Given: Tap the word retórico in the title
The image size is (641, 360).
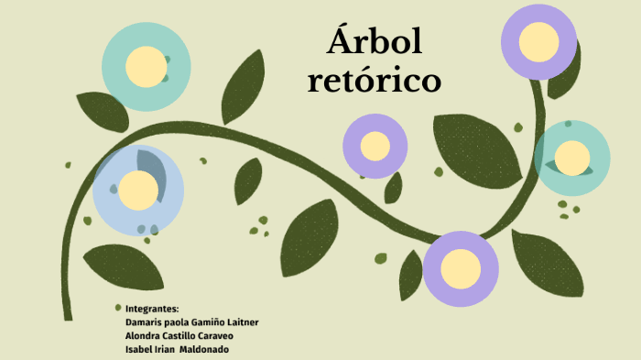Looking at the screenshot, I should pyautogui.click(x=375, y=82).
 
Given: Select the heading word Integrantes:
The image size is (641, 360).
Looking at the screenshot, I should pyautogui.click(x=151, y=309).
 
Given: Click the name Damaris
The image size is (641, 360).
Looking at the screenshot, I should pyautogui.click(x=143, y=322).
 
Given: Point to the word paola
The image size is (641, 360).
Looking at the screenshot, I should pyautogui.click(x=182, y=322).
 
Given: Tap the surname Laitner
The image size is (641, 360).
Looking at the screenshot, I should pyautogui.click(x=263, y=322).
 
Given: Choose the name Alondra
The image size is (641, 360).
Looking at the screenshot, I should pyautogui.click(x=144, y=336).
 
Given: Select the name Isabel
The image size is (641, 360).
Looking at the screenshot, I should pyautogui.click(x=138, y=350).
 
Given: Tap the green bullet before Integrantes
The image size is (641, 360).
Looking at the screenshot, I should pyautogui.click(x=118, y=308).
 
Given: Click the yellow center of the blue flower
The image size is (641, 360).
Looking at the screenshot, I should pyautogui.click(x=139, y=190).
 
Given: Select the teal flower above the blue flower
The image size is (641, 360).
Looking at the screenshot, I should pyautogui.click(x=146, y=66).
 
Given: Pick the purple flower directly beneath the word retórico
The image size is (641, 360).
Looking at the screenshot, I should pyautogui.click(x=375, y=146).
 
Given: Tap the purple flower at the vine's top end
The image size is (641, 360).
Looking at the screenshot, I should pyautogui.click(x=538, y=41).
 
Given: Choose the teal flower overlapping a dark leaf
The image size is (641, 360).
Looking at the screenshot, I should pyautogui.click(x=571, y=158).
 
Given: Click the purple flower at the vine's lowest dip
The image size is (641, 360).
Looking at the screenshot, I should pyautogui.click(x=461, y=268).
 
